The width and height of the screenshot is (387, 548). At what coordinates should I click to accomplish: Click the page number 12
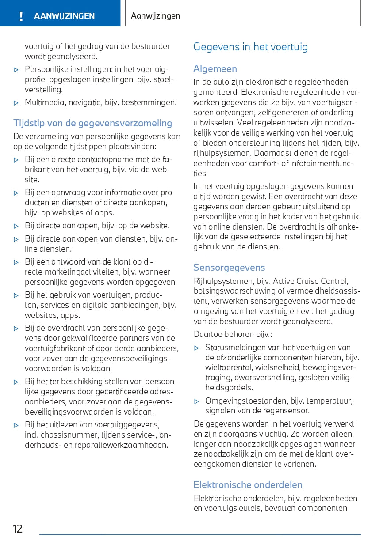pyautogui.click(x=18, y=529)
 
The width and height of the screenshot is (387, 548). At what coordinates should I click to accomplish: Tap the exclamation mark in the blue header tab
pyautogui.click(x=21, y=16)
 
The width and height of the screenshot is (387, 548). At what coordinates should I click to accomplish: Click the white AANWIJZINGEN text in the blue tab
pyautogui.click(x=64, y=16)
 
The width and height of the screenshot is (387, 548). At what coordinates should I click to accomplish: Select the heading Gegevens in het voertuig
pyautogui.click(x=250, y=47)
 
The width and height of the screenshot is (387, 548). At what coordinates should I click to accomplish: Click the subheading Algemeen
pyautogui.click(x=215, y=68)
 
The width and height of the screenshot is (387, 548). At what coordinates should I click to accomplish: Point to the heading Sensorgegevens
pyautogui.click(x=229, y=267)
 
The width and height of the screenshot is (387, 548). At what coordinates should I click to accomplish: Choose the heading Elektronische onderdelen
pyautogui.click(x=248, y=484)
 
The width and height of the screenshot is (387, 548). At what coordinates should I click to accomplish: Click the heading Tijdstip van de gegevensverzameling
pyautogui.click(x=92, y=123)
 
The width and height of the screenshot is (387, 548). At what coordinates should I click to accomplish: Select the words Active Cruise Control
pyautogui.click(x=310, y=281)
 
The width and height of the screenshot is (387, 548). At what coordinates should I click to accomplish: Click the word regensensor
pyautogui.click(x=288, y=411)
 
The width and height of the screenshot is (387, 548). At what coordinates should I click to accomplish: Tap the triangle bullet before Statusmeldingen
pyautogui.click(x=197, y=348)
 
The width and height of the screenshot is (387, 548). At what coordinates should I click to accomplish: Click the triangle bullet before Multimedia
pyautogui.click(x=16, y=103)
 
